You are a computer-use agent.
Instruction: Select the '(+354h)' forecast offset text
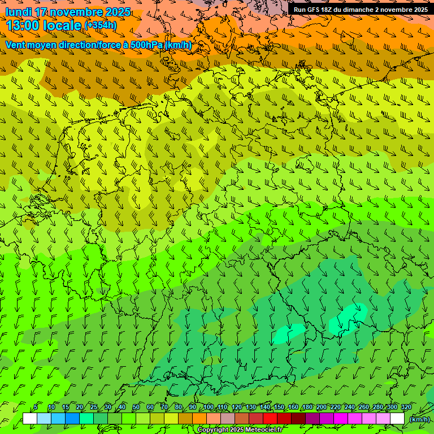coord(101,25)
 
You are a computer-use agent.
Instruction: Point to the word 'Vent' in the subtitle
coord(16,45)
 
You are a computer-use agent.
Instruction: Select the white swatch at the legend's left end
coord(30,419)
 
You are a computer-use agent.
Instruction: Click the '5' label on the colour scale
coord(36,407)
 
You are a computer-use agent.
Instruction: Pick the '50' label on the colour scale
coord(136,407)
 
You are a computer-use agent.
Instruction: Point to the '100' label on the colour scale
coord(209,407)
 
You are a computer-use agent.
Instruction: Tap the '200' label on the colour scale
coord(322,407)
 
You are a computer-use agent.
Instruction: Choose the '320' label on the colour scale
coord(406,407)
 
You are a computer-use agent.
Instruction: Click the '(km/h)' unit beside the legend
coord(419,419)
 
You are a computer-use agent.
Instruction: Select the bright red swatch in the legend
coord(270,419)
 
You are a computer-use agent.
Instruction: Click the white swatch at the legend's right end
coord(397,419)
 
